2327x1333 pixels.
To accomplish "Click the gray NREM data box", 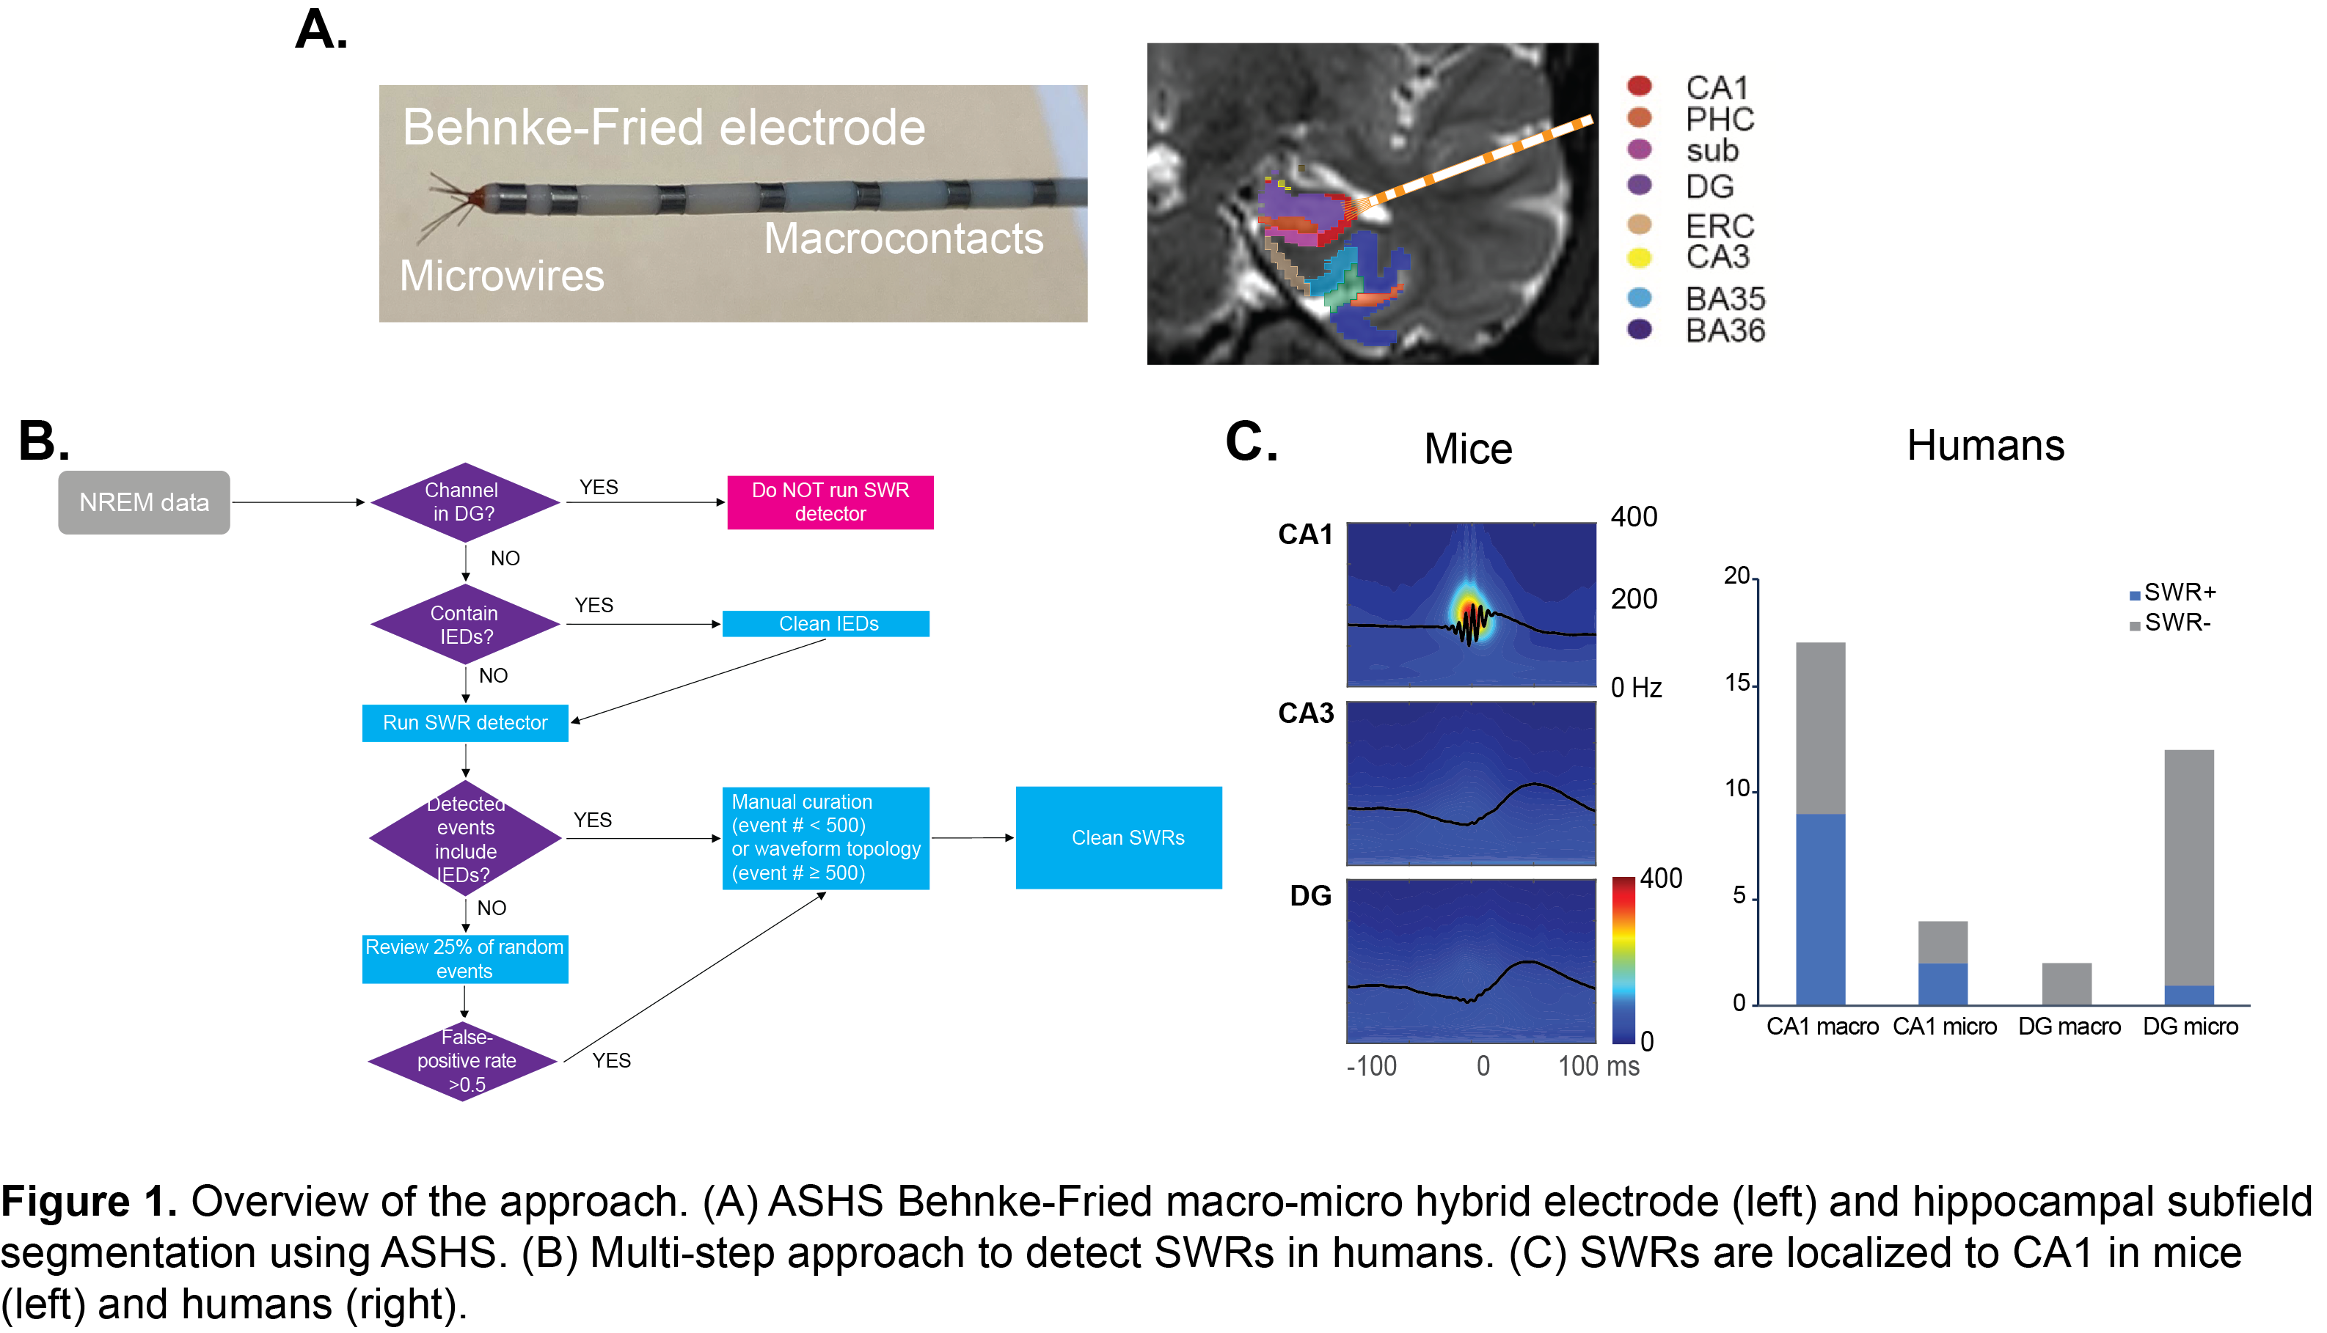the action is (144, 502).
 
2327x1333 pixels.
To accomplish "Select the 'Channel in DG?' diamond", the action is (464, 502).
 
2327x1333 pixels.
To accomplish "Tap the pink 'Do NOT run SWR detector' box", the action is (830, 502).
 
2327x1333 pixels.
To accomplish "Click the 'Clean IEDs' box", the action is (825, 623).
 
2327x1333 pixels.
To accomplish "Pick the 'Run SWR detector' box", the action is (465, 722).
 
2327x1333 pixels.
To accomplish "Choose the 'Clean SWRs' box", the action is (1118, 837).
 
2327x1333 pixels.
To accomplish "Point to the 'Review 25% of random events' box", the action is (465, 958).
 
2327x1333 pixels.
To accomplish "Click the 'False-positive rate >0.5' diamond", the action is (464, 1061).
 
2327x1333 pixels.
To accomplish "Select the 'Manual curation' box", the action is (825, 837).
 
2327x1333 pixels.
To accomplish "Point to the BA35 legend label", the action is (1725, 298).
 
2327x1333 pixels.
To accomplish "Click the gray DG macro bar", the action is (2066, 983).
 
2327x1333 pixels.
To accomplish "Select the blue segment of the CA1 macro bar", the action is (1821, 909).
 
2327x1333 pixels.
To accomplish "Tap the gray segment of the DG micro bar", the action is (2189, 867).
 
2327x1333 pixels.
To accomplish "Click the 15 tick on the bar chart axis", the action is (1738, 683).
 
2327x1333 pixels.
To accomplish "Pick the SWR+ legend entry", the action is (2172, 592).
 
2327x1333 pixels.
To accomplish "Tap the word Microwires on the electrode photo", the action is (502, 276).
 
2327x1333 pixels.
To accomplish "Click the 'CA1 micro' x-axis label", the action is (1944, 1027).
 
